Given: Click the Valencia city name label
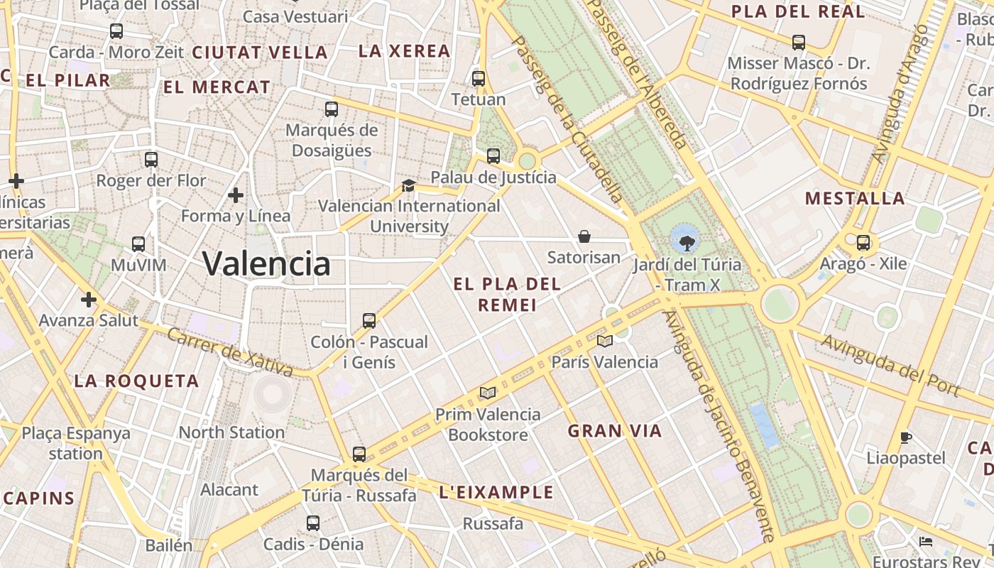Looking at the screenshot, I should coord(266,264).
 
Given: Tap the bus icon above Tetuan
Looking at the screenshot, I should coord(479,78).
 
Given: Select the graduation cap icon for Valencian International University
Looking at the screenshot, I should coord(408,186).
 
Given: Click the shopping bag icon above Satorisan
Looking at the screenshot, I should coord(584,236).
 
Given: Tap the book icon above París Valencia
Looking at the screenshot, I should coord(605,342).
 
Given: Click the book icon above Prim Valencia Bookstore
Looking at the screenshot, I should coord(488,393).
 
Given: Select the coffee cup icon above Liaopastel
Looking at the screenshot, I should coord(905,437).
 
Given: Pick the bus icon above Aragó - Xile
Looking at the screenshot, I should coord(863,243).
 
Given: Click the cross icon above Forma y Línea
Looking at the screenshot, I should coord(236,195).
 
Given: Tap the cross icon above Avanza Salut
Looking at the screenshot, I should coord(89,300).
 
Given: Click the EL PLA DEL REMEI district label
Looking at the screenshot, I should coord(507,295).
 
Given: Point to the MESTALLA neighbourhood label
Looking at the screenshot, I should coord(855,199).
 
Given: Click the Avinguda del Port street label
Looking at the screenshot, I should coord(891,365).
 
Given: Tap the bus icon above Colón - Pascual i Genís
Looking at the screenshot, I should coord(369,321).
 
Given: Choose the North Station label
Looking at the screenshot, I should coord(231,432).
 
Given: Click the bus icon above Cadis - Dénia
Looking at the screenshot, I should coord(313,523).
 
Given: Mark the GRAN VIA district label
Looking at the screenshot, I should coord(615,431).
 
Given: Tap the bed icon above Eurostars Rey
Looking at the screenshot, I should coord(926,542).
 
